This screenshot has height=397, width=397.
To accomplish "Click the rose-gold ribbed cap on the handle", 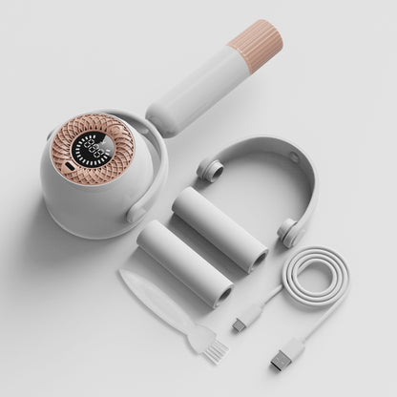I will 257,44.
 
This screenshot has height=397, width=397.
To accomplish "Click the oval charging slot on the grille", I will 68,171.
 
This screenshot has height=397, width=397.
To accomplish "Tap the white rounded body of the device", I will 76,205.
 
